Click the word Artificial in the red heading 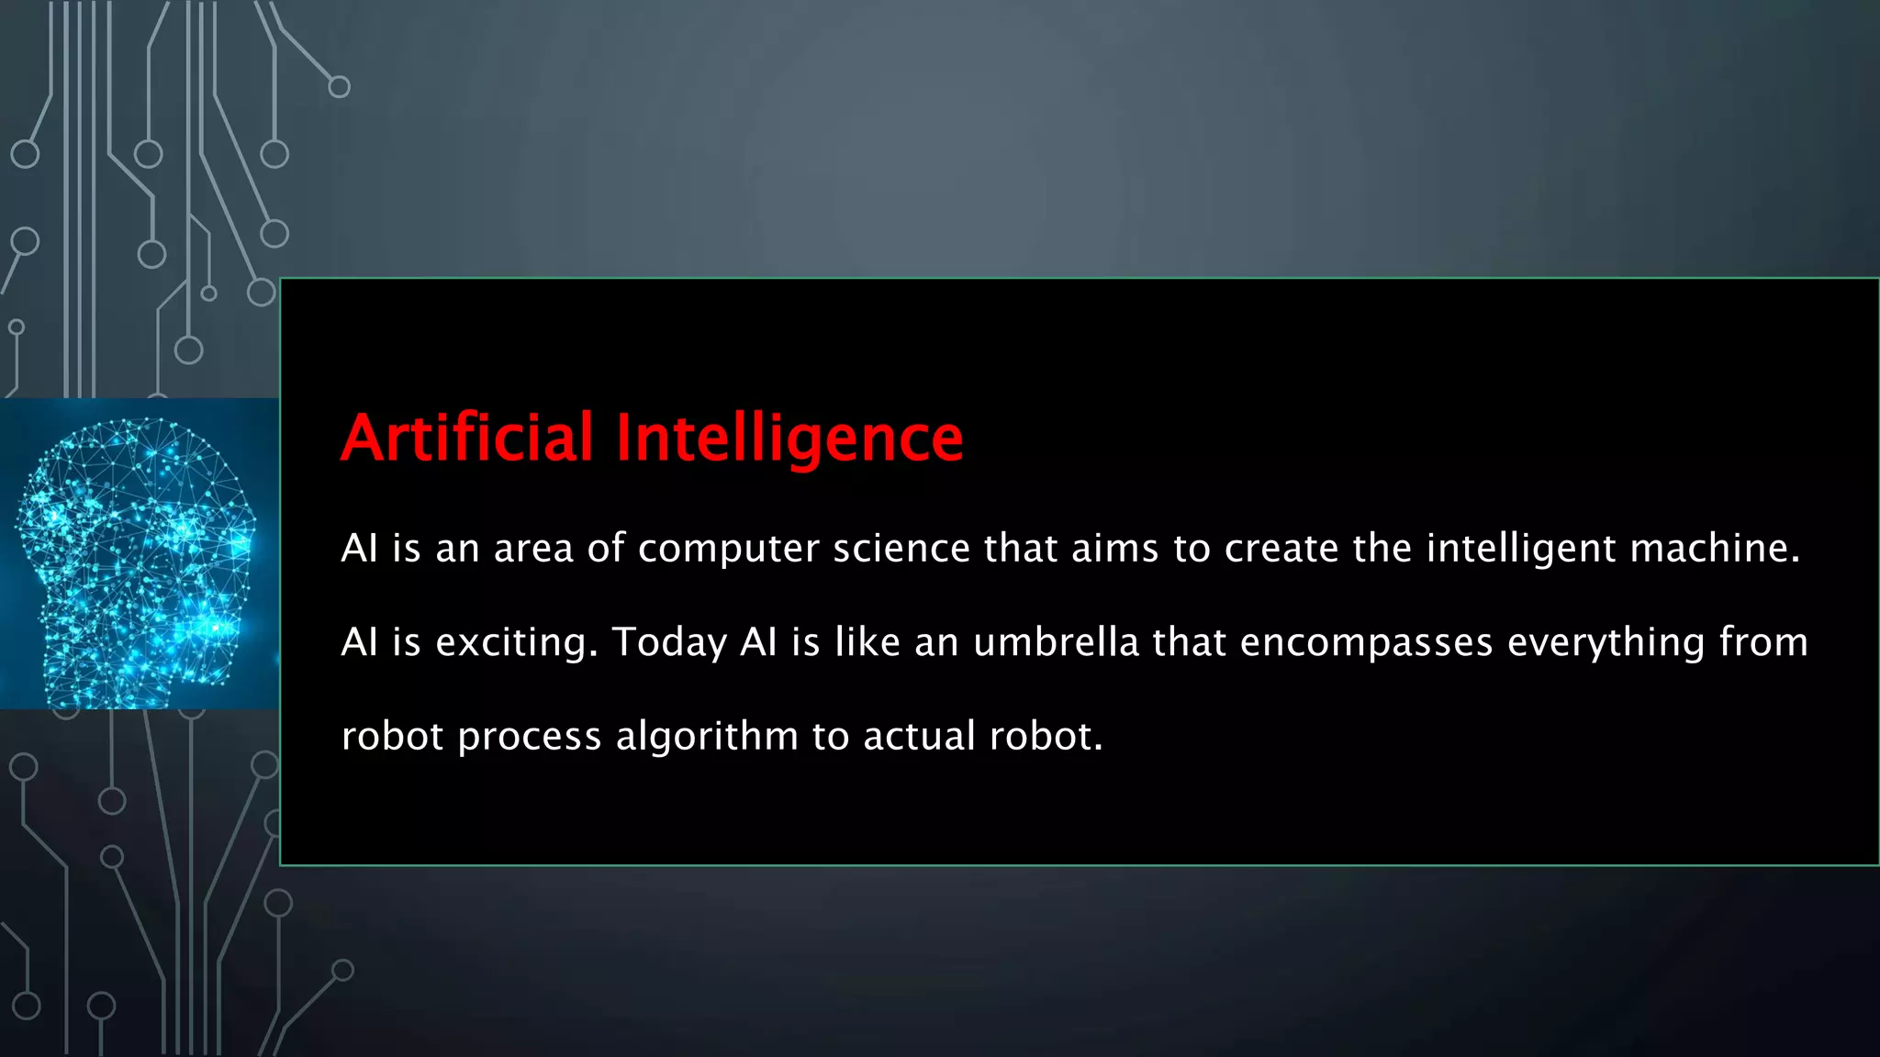click(x=467, y=438)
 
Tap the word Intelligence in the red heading click(x=789, y=439)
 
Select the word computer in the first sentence click(x=729, y=549)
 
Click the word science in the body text click(x=901, y=549)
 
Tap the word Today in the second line click(x=669, y=642)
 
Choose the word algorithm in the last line click(x=707, y=737)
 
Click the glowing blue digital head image click(x=138, y=554)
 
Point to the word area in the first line click(x=533, y=550)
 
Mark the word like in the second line click(x=867, y=642)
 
